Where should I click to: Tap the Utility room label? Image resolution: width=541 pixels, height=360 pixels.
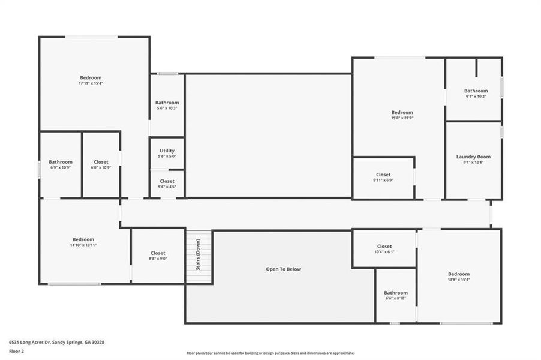pyautogui.click(x=167, y=151)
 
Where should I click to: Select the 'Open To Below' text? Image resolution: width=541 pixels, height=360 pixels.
pyautogui.click(x=283, y=269)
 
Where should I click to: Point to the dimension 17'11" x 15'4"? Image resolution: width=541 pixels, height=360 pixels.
pyautogui.click(x=91, y=83)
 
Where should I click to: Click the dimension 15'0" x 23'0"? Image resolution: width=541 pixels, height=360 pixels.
pyautogui.click(x=402, y=118)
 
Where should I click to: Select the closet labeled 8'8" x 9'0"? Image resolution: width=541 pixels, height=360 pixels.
pyautogui.click(x=158, y=256)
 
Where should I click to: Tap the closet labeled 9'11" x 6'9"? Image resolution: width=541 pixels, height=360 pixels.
pyautogui.click(x=383, y=178)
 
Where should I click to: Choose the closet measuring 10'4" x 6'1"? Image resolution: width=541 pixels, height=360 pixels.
pyautogui.click(x=384, y=249)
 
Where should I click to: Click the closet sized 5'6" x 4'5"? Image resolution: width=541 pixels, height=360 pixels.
pyautogui.click(x=167, y=184)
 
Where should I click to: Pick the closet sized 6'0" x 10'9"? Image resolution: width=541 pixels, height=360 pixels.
pyautogui.click(x=101, y=164)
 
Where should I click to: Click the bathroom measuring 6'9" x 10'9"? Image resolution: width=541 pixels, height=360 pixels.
pyautogui.click(x=61, y=164)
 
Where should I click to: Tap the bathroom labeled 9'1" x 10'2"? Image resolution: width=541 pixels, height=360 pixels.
pyautogui.click(x=476, y=94)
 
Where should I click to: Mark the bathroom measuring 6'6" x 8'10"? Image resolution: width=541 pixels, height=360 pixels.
pyautogui.click(x=396, y=295)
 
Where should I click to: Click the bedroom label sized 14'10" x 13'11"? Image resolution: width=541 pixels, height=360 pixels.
pyautogui.click(x=83, y=242)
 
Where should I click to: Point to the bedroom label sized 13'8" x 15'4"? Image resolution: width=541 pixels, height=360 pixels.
pyautogui.click(x=458, y=277)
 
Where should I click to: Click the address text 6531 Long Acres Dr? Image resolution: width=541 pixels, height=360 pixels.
pyautogui.click(x=56, y=342)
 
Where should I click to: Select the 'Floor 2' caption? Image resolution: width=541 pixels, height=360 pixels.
pyautogui.click(x=17, y=353)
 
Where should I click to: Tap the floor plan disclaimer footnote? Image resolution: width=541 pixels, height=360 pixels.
pyautogui.click(x=270, y=353)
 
